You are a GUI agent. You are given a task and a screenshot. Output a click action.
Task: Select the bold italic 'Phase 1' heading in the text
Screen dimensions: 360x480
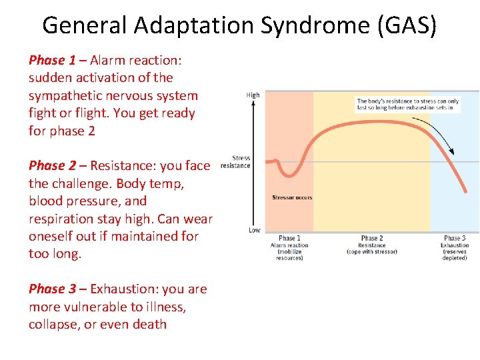point(52,60)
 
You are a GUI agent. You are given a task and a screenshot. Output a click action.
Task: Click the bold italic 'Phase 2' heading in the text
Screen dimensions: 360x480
point(52,165)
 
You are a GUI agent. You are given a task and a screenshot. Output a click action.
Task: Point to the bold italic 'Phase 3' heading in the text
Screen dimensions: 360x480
point(52,289)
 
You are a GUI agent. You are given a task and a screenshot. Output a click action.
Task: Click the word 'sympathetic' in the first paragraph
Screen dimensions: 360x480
point(63,95)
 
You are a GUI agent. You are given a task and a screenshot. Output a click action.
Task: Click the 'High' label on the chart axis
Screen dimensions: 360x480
point(253,95)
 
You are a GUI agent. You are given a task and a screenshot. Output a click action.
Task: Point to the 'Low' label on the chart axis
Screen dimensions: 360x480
point(254,230)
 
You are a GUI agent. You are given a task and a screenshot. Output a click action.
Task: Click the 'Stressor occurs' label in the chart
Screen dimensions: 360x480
point(292,197)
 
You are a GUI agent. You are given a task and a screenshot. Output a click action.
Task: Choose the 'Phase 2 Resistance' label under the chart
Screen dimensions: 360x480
point(371,245)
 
